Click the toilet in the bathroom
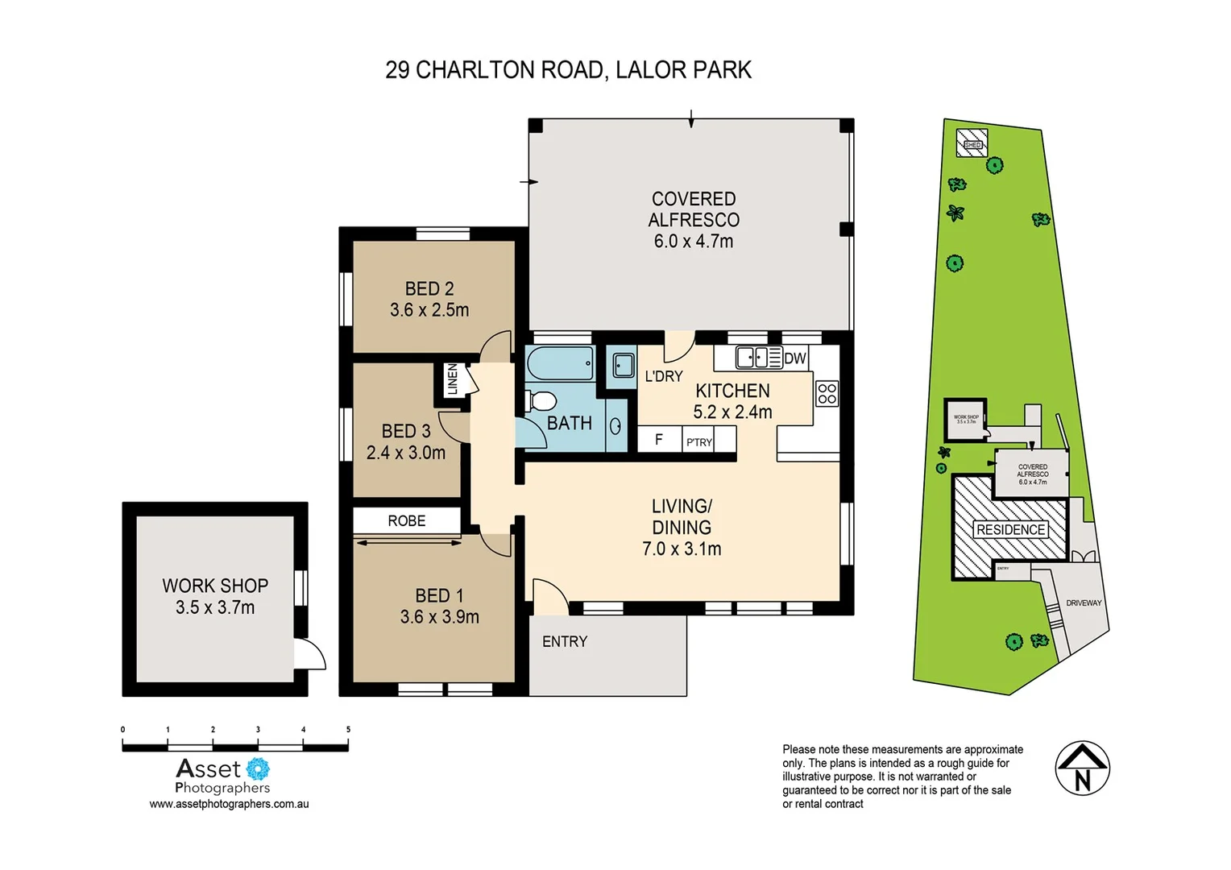pos(541,400)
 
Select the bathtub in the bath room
pos(560,363)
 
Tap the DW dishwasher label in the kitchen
pos(794,358)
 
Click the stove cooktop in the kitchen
pos(827,393)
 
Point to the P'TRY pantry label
pos(698,441)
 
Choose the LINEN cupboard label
pos(452,379)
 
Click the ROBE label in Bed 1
pos(406,521)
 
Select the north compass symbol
pos(1082,768)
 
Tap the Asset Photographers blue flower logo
pos(257,769)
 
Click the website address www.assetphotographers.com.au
pos(229,804)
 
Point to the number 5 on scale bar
pos(348,730)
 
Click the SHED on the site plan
pos(972,144)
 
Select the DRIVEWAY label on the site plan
pos(1083,603)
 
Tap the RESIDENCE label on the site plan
pos(1010,529)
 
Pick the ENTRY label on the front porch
pos(564,641)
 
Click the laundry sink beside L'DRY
pos(621,366)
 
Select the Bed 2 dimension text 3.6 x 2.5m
pos(429,309)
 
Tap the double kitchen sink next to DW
pos(758,357)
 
